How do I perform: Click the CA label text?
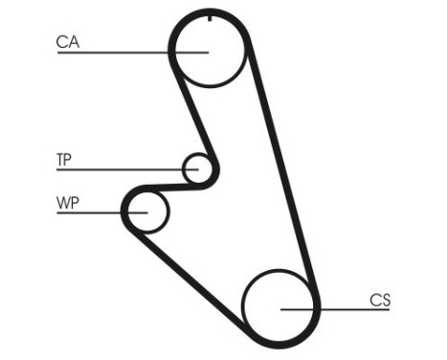(68, 41)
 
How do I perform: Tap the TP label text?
(64, 160)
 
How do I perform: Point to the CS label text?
(380, 300)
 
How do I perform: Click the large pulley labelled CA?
(209, 50)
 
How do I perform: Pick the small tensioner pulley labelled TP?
(198, 169)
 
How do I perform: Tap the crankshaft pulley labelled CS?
(279, 306)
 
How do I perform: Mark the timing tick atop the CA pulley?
(209, 17)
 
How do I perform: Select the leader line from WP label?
(96, 211)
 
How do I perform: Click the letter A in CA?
(74, 41)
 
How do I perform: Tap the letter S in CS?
(385, 300)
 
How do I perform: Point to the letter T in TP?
(59, 160)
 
